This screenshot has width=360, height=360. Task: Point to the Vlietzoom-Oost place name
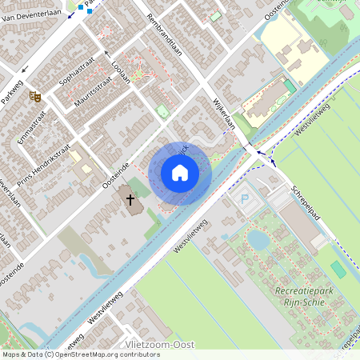coord(160,344)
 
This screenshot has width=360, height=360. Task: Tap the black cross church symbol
coord(129,198)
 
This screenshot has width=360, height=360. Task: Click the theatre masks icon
coord(35,96)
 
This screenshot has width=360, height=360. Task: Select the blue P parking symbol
coord(246,197)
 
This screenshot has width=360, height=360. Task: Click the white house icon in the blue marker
coord(180,172)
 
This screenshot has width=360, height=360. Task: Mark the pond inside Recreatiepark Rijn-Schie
coord(258,239)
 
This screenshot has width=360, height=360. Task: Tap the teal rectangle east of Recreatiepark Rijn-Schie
coord(338,270)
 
